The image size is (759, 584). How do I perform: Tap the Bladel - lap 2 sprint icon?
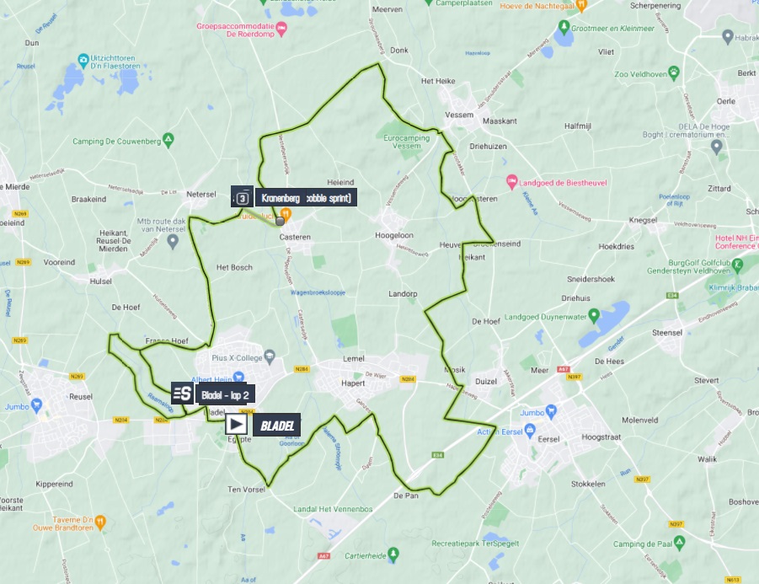pyautogui.click(x=182, y=394)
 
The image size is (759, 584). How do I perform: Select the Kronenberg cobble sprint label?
pyautogui.click(x=308, y=198)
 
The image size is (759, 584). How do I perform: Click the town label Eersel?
pyautogui.click(x=549, y=439)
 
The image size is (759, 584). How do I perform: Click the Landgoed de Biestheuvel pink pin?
pyautogui.click(x=510, y=182)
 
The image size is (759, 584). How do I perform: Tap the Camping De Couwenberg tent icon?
pyautogui.click(x=168, y=139)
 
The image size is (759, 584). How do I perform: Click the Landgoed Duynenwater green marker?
pyautogui.click(x=594, y=316)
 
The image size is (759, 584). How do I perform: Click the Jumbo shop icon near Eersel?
pyautogui.click(x=552, y=412)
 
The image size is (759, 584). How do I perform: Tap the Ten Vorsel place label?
pyautogui.click(x=247, y=490)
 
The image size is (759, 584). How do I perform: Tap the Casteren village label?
pyautogui.click(x=295, y=238)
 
